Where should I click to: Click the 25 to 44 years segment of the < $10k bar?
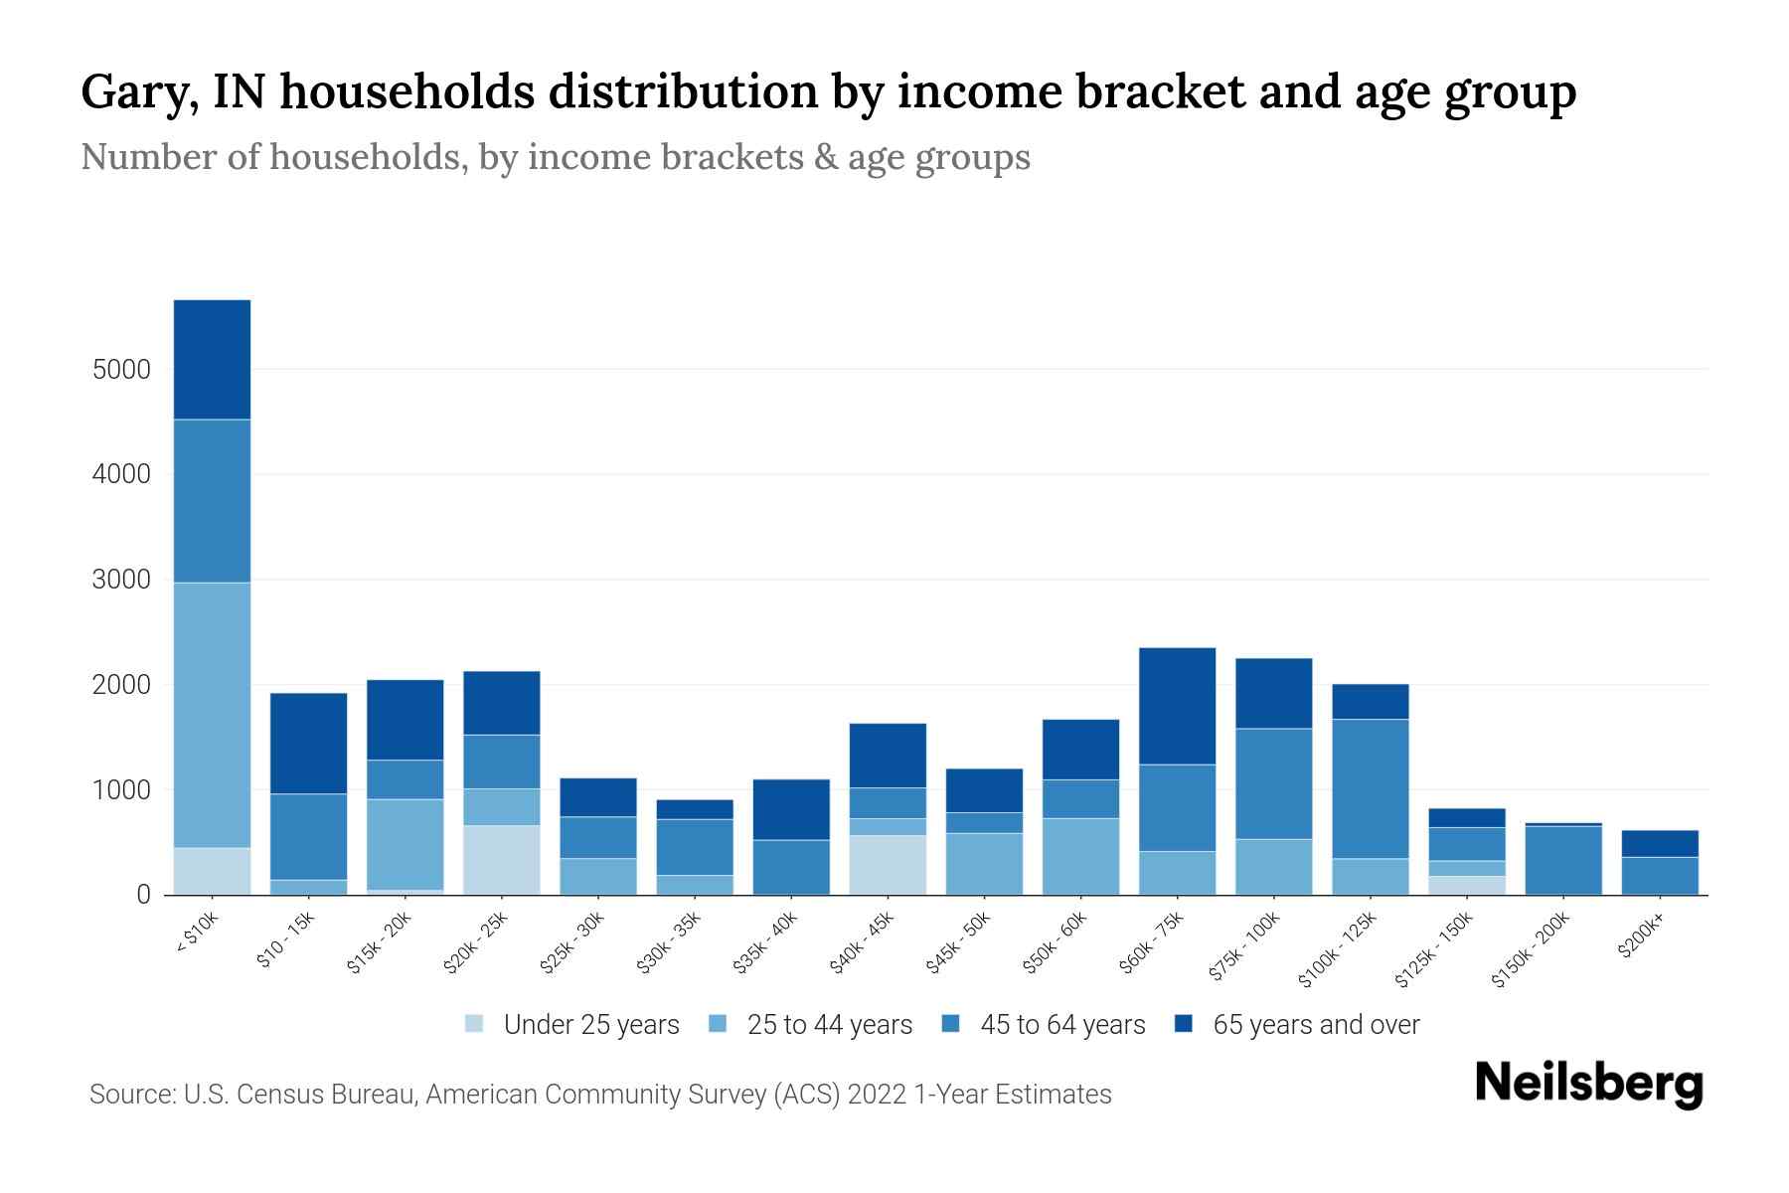(212, 714)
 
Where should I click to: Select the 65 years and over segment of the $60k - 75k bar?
(1177, 706)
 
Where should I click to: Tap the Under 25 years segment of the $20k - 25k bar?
(502, 860)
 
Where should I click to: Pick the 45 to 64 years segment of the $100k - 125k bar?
(1371, 788)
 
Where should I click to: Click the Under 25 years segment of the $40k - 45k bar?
(888, 865)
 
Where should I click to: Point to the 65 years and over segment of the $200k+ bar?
(1660, 843)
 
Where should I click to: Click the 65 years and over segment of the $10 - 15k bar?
(309, 743)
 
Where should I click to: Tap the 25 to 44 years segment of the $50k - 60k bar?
(1080, 856)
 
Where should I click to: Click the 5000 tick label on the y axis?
(121, 370)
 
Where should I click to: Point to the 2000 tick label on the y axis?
(121, 685)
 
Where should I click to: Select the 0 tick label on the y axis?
(143, 895)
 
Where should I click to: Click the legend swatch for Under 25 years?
(475, 1024)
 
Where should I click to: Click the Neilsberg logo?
(1588, 1083)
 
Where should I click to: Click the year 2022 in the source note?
(877, 1095)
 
